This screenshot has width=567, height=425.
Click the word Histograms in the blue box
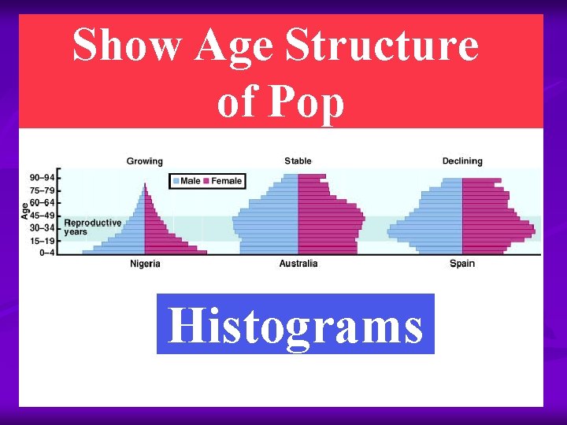295,324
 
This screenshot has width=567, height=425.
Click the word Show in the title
127,46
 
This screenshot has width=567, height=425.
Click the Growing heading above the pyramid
145,161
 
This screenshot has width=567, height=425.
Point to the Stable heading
298,161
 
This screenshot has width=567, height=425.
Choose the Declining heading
462,161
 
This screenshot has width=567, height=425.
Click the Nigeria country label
145,264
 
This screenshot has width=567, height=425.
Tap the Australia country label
298,264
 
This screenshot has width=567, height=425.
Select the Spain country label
462,264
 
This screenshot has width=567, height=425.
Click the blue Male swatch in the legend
176,181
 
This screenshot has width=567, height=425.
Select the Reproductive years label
93,227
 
